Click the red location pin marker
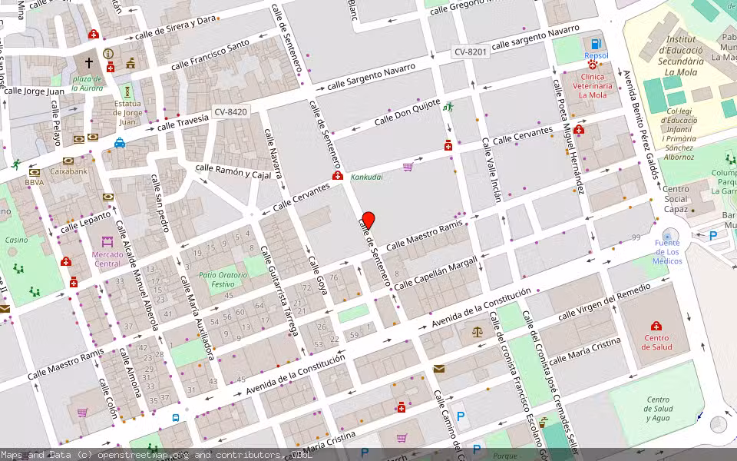(368, 221)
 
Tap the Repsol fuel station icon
(596, 43)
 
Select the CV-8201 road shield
(471, 51)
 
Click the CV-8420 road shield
(230, 112)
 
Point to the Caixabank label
(69, 171)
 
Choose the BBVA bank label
(34, 183)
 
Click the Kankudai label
(366, 177)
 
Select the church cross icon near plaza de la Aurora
(88, 62)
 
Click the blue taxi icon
(120, 143)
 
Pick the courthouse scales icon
(478, 332)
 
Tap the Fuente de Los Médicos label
(667, 252)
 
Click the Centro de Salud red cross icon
(656, 326)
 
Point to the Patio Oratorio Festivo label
(223, 279)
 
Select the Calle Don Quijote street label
(407, 113)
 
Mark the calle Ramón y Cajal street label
(234, 171)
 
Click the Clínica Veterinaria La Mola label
(593, 86)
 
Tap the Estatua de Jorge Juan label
(127, 112)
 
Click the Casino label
(16, 240)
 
